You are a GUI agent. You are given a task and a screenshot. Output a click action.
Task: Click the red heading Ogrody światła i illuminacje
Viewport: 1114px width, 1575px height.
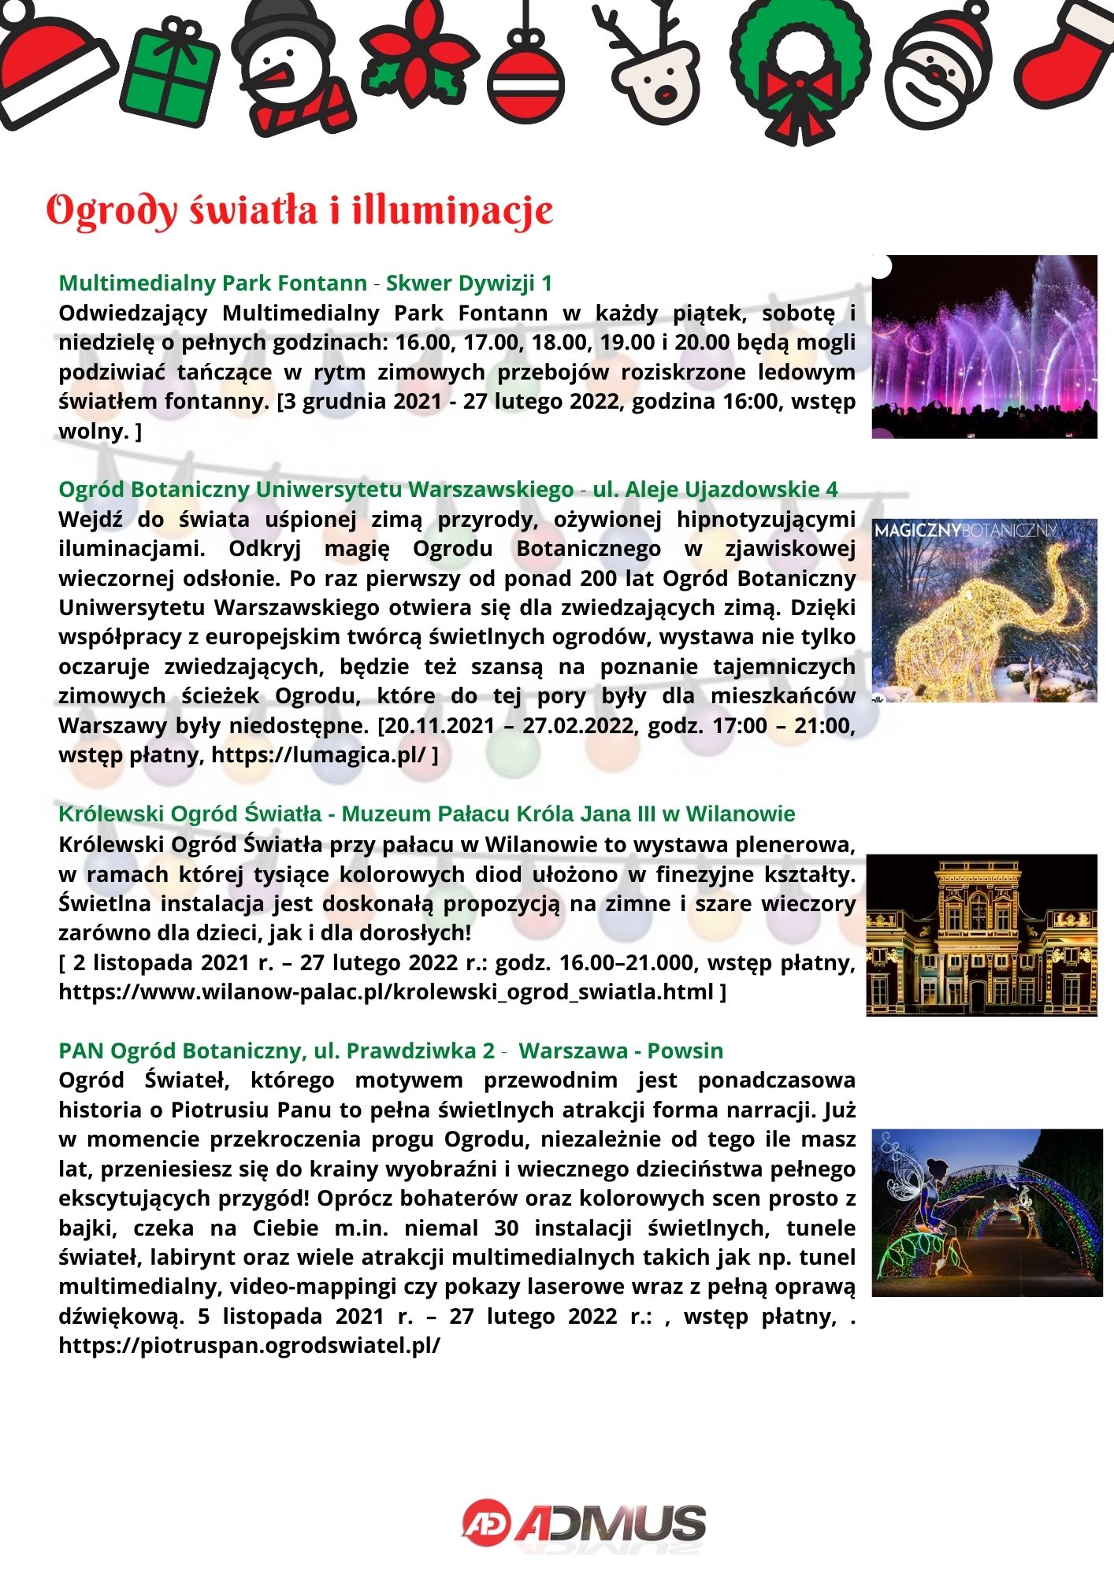coord(299,211)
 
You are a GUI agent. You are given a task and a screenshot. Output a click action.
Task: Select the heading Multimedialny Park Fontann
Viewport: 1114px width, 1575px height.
coord(213,283)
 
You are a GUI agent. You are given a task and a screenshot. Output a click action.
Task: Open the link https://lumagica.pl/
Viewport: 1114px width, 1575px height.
coord(319,754)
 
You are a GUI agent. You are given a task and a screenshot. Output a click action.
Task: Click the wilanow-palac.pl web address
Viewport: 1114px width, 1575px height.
coord(386,991)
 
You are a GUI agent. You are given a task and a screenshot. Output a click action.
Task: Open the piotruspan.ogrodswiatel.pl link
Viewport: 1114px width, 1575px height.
coord(249,1345)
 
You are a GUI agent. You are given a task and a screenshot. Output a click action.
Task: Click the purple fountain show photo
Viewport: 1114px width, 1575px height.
coord(984,346)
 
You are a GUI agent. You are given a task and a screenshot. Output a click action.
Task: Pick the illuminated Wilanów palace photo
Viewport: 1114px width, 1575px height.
coord(982,935)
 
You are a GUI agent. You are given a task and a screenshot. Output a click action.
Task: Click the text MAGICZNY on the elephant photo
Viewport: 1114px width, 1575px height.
coord(917,531)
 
